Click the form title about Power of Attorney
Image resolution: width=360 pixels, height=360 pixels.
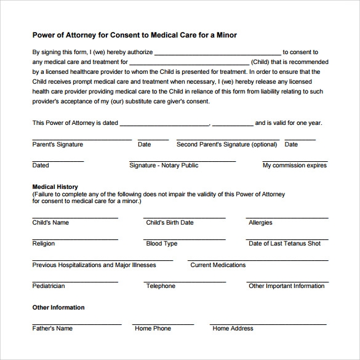pyautogui.click(x=134, y=35)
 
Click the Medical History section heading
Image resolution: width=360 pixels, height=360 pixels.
pyautogui.click(x=55, y=186)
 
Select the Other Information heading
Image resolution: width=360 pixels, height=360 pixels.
pyautogui.click(x=58, y=307)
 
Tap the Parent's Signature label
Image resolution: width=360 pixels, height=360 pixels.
pyautogui.click(x=57, y=145)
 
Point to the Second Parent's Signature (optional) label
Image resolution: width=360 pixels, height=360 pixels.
pyautogui.click(x=226, y=145)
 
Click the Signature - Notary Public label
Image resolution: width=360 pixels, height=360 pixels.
pyautogui.click(x=164, y=166)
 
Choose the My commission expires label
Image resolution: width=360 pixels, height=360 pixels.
pyautogui.click(x=295, y=166)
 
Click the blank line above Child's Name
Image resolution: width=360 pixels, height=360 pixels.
pyautogui.click(x=75, y=217)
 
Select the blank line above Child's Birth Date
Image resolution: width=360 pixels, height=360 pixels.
pyautogui.click(x=185, y=217)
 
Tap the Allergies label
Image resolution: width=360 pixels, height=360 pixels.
pyautogui.click(x=260, y=223)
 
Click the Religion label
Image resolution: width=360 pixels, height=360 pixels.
pyautogui.click(x=44, y=244)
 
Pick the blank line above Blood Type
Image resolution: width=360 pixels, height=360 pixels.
pyautogui.click(x=185, y=238)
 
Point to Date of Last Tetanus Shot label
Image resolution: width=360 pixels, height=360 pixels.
pyautogui.click(x=284, y=244)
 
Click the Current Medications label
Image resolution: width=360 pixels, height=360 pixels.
pyautogui.click(x=218, y=265)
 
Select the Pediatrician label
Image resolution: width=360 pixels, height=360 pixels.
pyautogui.click(x=49, y=286)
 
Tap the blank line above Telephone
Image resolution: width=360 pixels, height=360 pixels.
pyautogui.click(x=185, y=281)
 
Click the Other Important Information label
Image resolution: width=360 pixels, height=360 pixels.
pyautogui.click(x=286, y=286)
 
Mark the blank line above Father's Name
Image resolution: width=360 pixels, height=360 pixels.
pyautogui.click(x=75, y=323)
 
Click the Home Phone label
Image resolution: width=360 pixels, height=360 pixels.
pyautogui.click(x=153, y=329)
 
